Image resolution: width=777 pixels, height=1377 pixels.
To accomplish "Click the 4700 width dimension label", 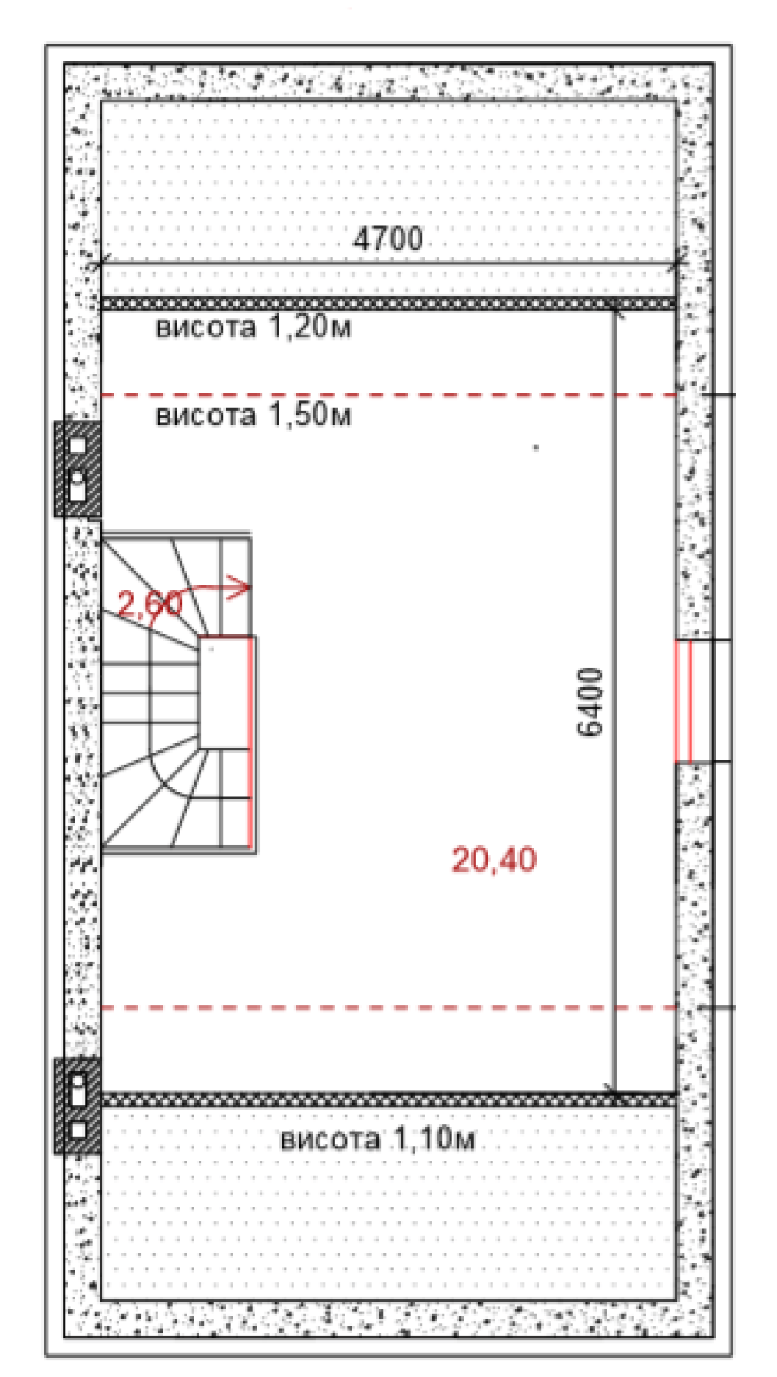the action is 388,238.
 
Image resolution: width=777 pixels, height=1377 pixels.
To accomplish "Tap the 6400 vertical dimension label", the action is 590,701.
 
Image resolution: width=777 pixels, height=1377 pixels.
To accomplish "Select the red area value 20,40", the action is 494,859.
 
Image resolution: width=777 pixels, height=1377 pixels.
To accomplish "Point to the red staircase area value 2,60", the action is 150,603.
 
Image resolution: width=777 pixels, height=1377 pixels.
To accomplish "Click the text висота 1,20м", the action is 254,327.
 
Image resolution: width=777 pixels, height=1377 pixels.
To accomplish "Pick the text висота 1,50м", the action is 254,415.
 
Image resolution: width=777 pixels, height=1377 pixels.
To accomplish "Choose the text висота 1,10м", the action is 377,1139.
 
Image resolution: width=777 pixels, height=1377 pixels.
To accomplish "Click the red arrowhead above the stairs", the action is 242,588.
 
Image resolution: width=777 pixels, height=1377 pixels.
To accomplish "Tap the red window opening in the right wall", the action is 683,701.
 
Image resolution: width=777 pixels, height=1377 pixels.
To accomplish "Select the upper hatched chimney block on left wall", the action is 77,469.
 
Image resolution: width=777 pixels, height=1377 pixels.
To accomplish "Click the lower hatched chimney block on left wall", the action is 77,1105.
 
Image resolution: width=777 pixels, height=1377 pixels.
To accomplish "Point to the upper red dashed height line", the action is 389,395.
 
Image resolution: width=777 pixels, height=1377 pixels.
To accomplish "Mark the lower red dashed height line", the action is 389,1008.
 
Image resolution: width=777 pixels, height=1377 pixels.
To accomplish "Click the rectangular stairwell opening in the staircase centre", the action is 225,693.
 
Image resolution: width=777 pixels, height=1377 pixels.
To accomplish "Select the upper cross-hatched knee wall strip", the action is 389,303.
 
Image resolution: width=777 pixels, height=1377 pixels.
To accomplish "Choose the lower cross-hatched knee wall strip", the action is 389,1099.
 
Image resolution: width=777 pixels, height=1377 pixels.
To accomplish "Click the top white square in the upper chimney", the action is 78,446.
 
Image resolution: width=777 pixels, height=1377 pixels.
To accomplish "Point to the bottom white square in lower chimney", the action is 78,1129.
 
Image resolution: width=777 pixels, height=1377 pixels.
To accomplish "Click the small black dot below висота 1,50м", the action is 535,447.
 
